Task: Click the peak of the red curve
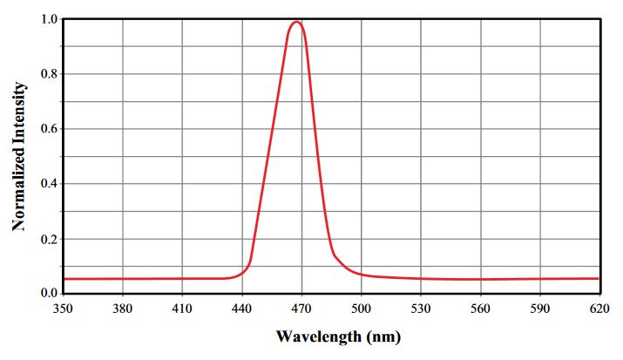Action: point(296,22)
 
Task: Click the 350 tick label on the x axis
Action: point(64,309)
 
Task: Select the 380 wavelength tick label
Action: point(122,309)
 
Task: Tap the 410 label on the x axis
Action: point(182,309)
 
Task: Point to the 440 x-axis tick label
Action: point(242,309)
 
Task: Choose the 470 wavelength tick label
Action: point(301,309)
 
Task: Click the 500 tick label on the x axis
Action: point(361,309)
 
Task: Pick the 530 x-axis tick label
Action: point(421,309)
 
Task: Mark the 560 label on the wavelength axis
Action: point(480,309)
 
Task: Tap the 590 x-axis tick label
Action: point(540,309)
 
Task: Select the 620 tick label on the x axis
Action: point(599,309)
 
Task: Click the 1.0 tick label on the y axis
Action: point(50,19)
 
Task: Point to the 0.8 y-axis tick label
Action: point(50,74)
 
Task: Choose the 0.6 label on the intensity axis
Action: point(50,129)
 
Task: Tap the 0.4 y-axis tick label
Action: point(50,184)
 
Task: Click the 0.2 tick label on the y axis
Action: point(50,239)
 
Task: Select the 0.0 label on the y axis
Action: point(50,293)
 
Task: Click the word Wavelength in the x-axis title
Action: point(319,336)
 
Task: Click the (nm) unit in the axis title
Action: point(383,337)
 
